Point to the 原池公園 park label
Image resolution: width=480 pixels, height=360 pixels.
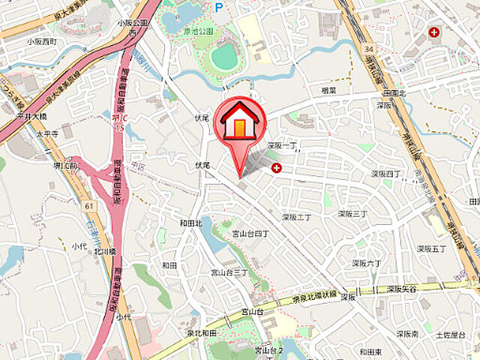(199, 31)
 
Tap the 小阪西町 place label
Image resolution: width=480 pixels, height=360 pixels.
(41, 41)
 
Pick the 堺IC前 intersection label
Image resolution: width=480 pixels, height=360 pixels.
(64, 165)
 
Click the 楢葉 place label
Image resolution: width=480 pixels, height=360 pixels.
(327, 89)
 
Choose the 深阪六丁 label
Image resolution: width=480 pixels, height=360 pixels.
(367, 263)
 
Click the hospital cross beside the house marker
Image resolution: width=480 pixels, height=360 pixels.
(277, 168)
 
